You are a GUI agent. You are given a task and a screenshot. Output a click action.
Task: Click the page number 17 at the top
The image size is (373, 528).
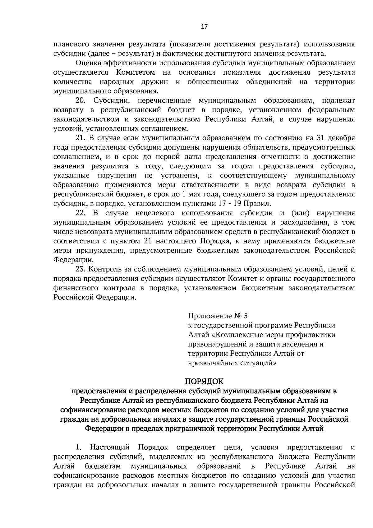pos(204,26)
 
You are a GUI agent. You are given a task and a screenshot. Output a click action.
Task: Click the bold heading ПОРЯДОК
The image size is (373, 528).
pos(204,381)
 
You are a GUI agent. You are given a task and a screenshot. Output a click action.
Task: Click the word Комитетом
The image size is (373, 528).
pos(136,72)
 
